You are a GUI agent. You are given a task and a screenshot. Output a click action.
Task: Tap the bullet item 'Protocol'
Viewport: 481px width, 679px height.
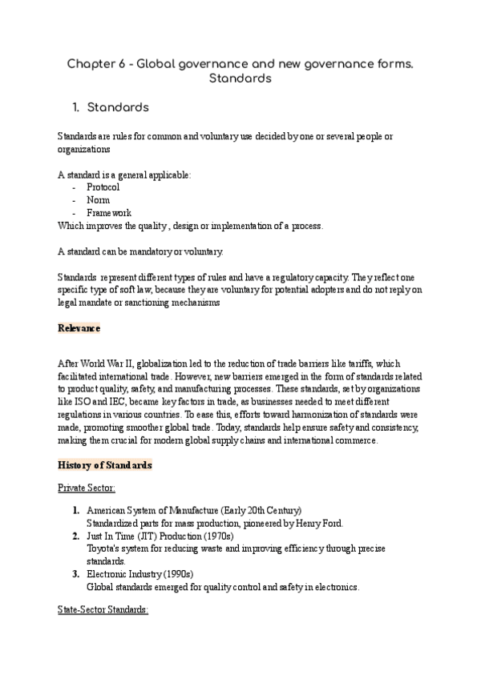pos(103,187)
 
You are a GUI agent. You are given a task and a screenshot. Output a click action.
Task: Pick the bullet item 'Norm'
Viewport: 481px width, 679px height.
pos(98,199)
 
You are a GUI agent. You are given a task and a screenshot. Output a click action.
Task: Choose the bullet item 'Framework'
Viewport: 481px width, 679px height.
pos(109,213)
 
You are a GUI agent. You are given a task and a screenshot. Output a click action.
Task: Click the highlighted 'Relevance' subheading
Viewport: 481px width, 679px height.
pos(79,328)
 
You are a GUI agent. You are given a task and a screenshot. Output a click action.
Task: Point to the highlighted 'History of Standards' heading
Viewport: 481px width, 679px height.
pos(104,465)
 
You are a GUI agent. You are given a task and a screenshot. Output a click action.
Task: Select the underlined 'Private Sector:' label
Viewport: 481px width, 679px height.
pos(87,488)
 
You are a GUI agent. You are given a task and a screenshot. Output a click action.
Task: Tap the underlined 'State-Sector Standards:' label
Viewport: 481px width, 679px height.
pos(103,609)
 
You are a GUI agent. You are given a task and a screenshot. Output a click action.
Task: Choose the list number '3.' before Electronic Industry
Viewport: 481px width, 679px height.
pos(74,574)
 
